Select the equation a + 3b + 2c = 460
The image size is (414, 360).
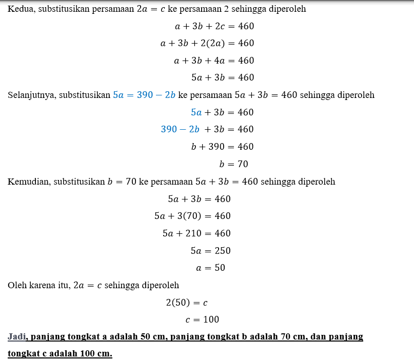click(x=214, y=26)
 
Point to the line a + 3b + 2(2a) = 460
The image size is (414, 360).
click(x=207, y=44)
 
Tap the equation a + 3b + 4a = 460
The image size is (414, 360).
click(x=214, y=61)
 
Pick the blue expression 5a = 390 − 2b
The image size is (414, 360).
click(x=144, y=95)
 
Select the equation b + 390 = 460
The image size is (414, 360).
click(x=222, y=147)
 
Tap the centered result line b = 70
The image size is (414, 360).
click(x=233, y=164)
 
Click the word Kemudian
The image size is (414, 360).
click(x=28, y=182)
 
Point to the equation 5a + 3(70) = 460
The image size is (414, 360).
click(x=192, y=216)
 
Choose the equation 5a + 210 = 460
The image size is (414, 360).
click(x=196, y=233)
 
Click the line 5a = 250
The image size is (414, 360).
click(x=210, y=251)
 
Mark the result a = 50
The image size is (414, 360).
click(x=210, y=268)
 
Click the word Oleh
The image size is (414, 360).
click(x=16, y=286)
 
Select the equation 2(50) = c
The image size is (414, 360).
click(x=187, y=303)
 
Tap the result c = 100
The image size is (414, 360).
click(x=202, y=319)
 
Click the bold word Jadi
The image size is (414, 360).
click(x=17, y=337)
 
